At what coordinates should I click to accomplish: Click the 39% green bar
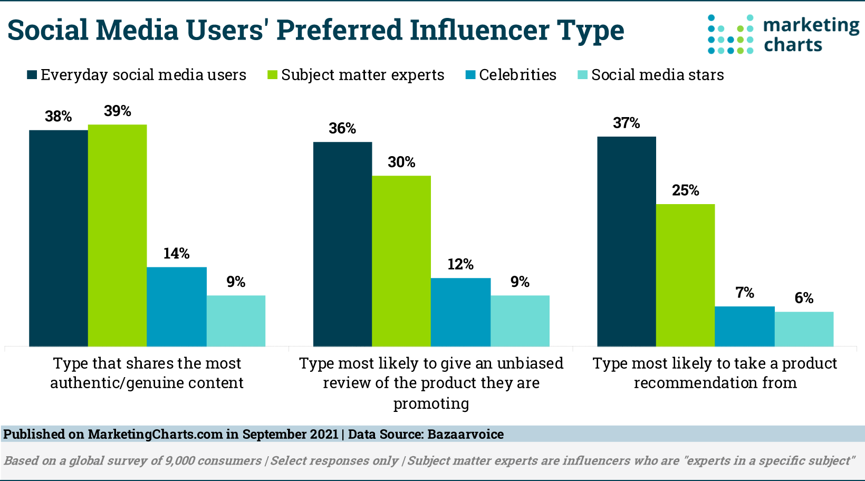coord(117,235)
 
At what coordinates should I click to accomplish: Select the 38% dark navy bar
coord(58,238)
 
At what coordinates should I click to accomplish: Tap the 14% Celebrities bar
coord(176,306)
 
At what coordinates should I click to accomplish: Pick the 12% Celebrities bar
coord(460,312)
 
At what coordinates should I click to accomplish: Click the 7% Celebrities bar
coord(744,326)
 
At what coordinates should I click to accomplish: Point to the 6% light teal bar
coord(804,329)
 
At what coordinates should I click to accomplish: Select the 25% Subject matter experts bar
coord(685,275)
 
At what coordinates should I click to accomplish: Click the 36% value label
coord(342,129)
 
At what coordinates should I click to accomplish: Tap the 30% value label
coord(401,162)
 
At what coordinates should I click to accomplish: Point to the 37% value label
coord(626,123)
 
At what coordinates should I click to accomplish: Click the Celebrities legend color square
coord(470,75)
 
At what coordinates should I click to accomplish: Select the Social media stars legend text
coord(657,75)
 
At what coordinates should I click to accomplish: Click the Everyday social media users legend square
coord(32,75)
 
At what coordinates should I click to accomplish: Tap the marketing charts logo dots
coord(730,35)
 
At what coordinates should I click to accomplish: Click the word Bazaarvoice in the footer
coord(465,434)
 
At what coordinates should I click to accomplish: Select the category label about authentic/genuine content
coord(147,373)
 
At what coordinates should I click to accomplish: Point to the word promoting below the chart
coord(431,403)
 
